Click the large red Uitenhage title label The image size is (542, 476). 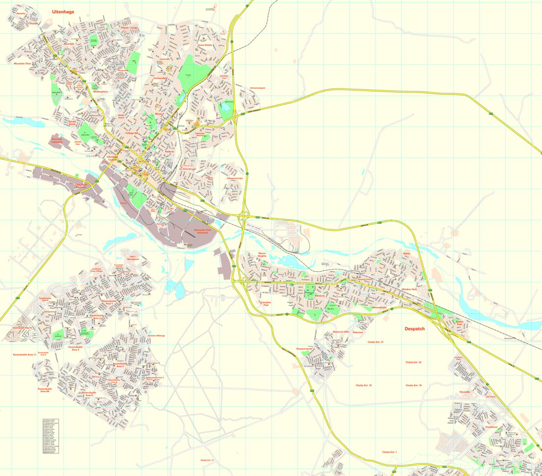tap(63, 11)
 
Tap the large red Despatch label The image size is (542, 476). tap(414, 329)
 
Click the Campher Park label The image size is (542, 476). tap(266, 304)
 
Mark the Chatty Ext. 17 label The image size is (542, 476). tap(207, 460)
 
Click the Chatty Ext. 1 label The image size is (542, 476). tap(389, 451)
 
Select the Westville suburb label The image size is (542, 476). tap(464, 392)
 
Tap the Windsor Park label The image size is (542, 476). tap(409, 290)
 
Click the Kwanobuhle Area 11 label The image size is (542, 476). tap(25, 354)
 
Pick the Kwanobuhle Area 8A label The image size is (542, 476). tap(45, 390)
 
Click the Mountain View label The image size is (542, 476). tap(22, 63)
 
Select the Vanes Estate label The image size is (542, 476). tap(205, 45)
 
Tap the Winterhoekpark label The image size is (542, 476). tap(257, 88)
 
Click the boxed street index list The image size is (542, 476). tap(51, 435)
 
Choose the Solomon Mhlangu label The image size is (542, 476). tap(156, 336)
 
